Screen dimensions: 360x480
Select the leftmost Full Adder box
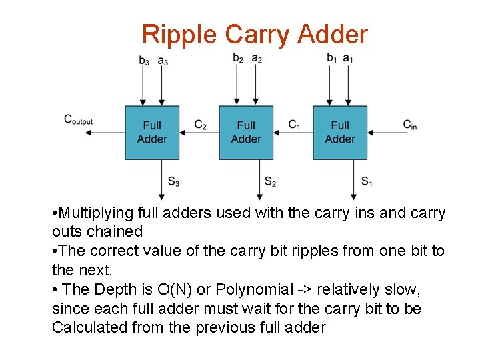pyautogui.click(x=152, y=132)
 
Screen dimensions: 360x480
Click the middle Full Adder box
pyautogui.click(x=246, y=132)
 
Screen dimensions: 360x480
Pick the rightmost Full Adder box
pyautogui.click(x=340, y=132)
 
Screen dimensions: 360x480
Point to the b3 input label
pyautogui.click(x=144, y=61)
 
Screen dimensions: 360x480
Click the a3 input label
pyautogui.click(x=163, y=61)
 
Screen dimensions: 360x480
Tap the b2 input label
pyautogui.click(x=238, y=59)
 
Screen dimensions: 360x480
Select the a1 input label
pyautogui.click(x=348, y=59)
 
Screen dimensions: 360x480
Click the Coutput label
pyautogui.click(x=78, y=120)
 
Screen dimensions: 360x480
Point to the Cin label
pyautogui.click(x=409, y=125)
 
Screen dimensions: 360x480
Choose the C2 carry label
pyautogui.click(x=200, y=125)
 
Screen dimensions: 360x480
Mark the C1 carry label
pyautogui.click(x=294, y=125)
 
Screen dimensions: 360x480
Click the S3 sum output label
pyautogui.click(x=173, y=181)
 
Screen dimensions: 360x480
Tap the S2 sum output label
pyautogui.click(x=270, y=181)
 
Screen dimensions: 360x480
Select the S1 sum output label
pyautogui.click(x=367, y=181)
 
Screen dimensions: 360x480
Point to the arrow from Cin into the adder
pyautogui.click(x=390, y=133)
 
